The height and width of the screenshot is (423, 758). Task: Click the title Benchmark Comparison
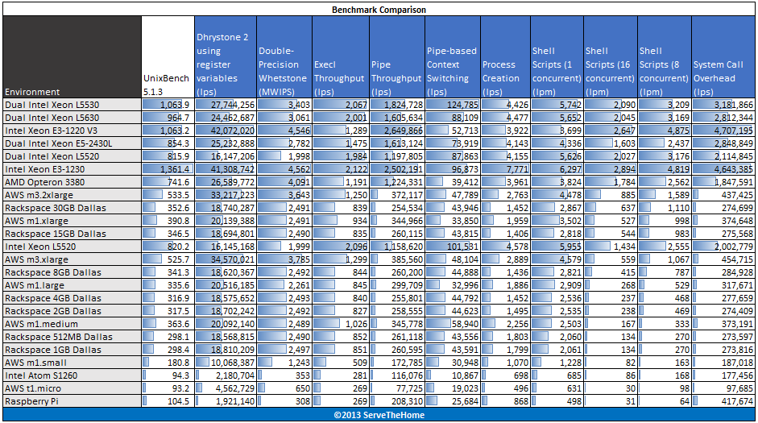click(379, 10)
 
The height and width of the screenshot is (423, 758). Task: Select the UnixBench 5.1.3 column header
click(167, 84)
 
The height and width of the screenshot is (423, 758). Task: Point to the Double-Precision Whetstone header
click(282, 64)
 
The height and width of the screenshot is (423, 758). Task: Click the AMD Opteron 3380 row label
click(46, 183)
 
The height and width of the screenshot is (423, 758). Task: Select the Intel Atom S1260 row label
click(43, 375)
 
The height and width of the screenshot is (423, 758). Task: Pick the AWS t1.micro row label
click(36, 388)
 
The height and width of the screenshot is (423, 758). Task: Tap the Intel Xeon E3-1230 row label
click(45, 170)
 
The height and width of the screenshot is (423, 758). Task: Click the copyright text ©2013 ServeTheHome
click(379, 415)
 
